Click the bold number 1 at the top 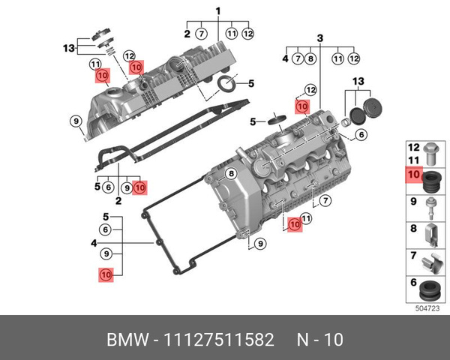[x=218, y=10]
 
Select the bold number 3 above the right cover [x=319, y=38]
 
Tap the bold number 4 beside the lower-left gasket [x=94, y=243]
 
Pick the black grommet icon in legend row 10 [x=430, y=181]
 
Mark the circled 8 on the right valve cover [x=232, y=174]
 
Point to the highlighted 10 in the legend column [x=412, y=175]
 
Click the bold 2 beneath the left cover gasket [x=118, y=201]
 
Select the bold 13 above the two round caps [x=358, y=81]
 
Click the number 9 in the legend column [x=412, y=201]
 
